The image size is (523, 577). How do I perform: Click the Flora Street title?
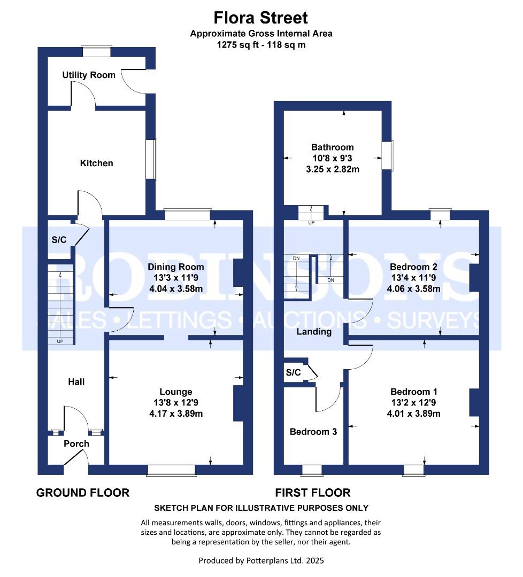pos(261,17)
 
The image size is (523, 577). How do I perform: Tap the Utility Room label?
pos(89,75)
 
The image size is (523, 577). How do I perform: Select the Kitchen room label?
pos(96,163)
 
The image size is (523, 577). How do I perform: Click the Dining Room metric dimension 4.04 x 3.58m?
pos(176,288)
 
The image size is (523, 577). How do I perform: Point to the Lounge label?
pos(176,392)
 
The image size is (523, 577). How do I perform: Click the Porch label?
pos(76,443)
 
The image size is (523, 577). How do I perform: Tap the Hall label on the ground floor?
pos(76,381)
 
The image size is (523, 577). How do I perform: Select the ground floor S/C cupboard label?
pos(59,240)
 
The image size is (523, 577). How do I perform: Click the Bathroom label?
pos(333,147)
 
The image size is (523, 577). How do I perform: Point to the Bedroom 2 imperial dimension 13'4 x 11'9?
pos(413,277)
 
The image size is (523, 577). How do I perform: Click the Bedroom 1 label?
pos(413,392)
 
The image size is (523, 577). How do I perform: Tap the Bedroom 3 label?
pos(313,432)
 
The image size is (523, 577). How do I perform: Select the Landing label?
pos(314,332)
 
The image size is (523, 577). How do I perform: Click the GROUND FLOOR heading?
pos(83,493)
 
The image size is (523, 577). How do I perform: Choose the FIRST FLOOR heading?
pos(313,493)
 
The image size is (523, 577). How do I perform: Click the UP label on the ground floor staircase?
pos(60,341)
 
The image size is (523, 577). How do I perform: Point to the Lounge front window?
pos(171,470)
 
